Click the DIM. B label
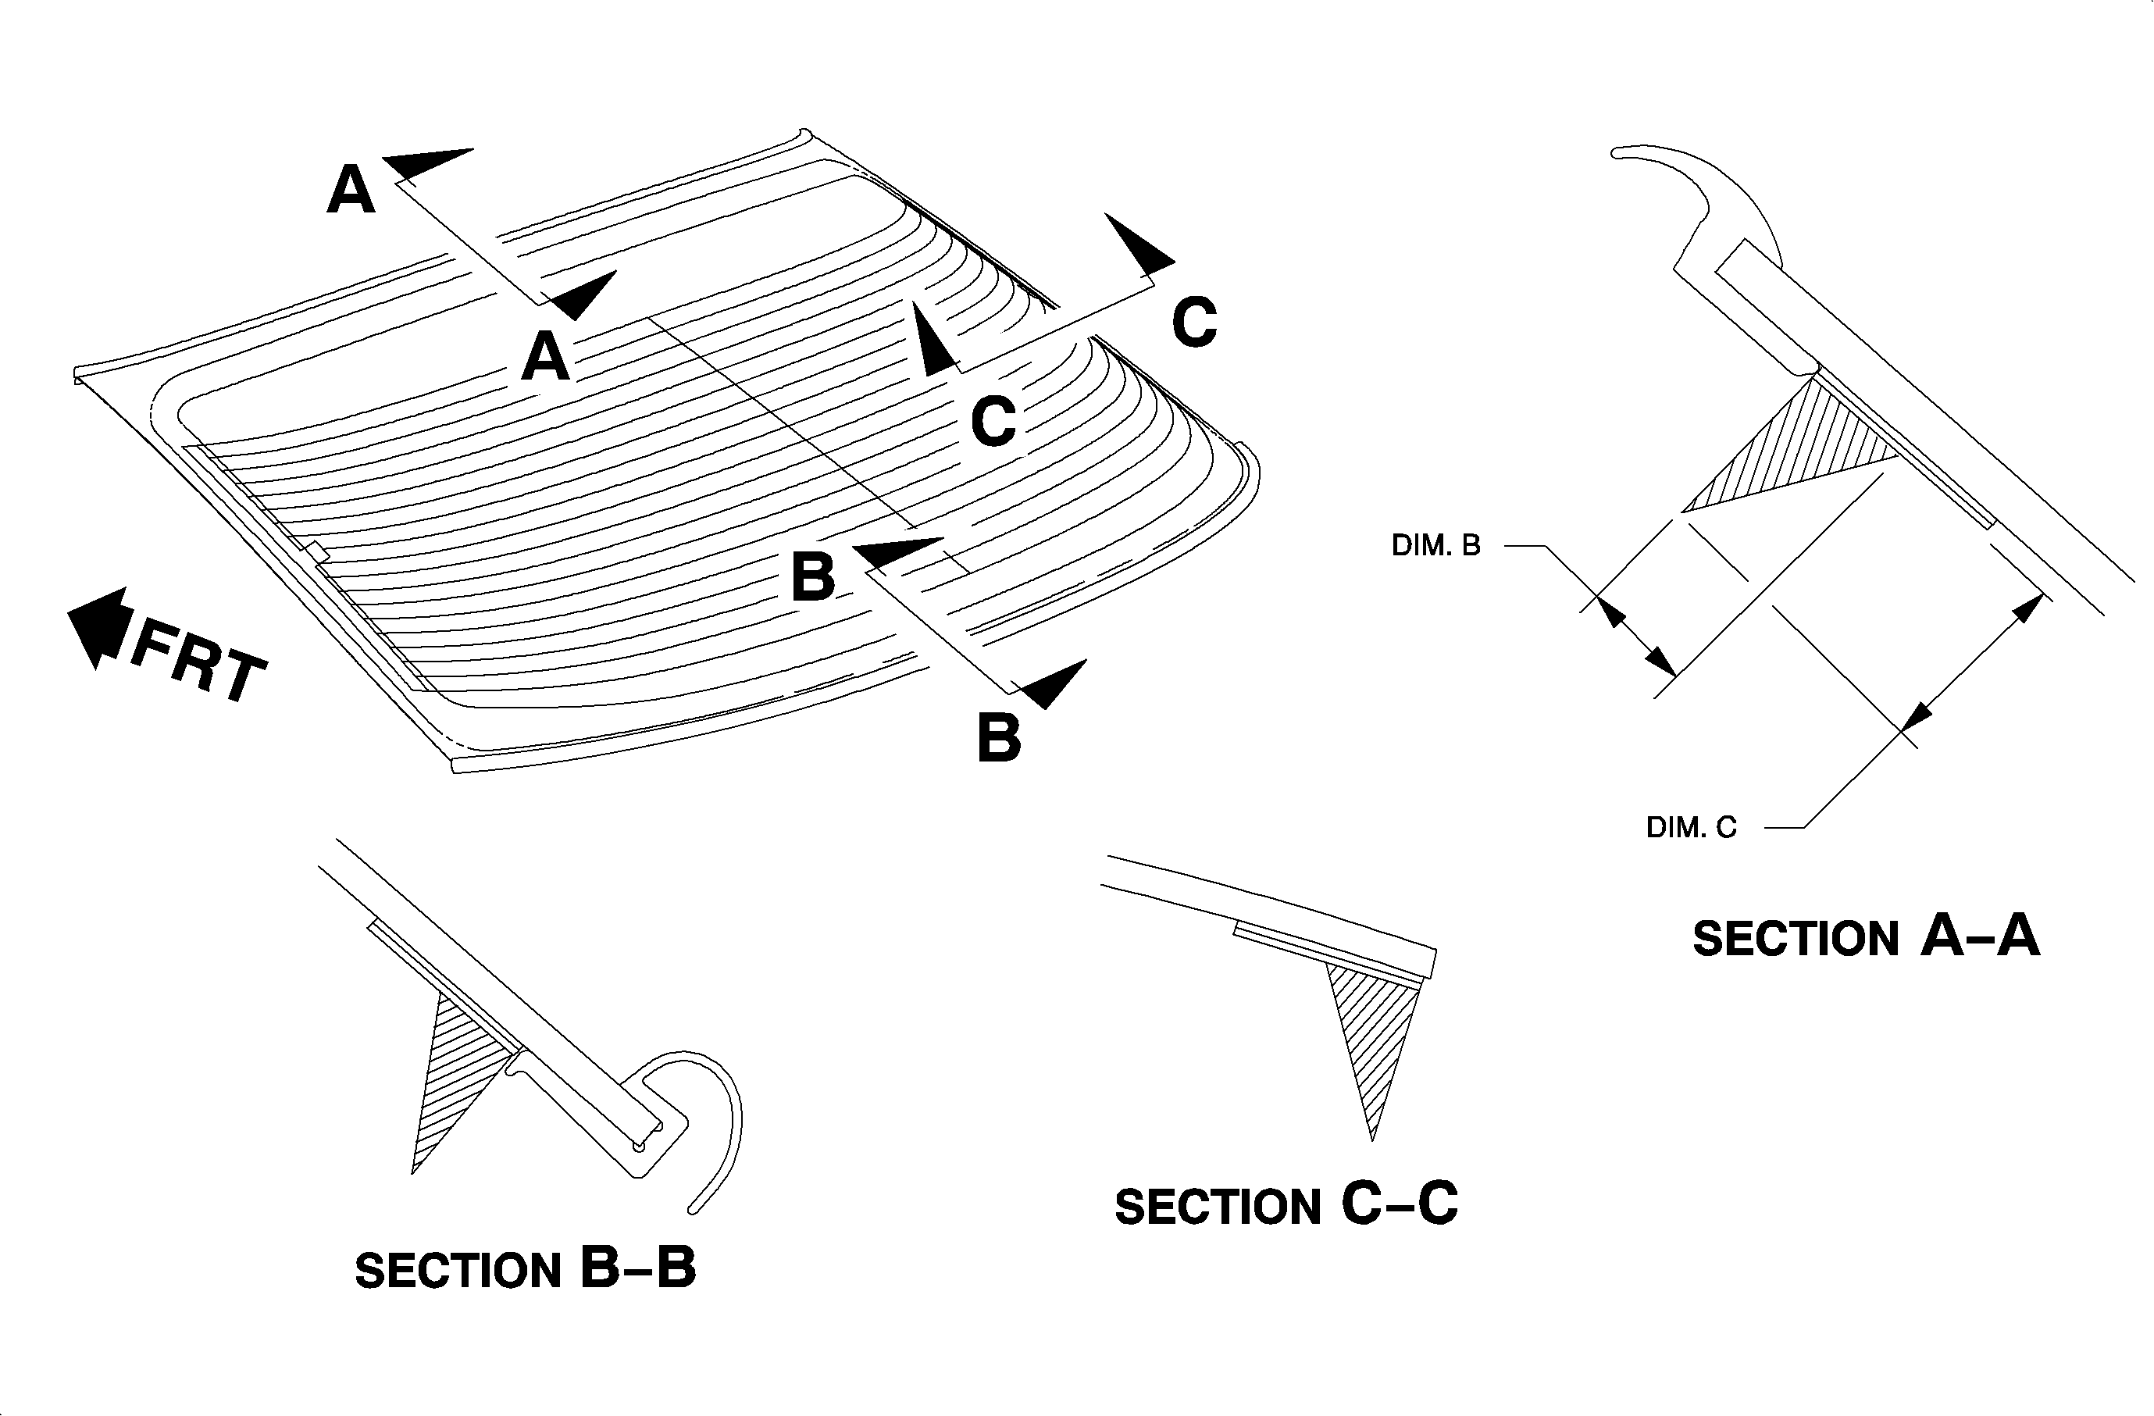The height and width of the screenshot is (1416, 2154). [1435, 546]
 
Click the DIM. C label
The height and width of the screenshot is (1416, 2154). [1691, 827]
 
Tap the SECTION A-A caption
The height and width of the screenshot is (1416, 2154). [1866, 936]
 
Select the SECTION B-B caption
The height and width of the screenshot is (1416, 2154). [525, 1268]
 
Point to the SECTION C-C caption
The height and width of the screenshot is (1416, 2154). [1286, 1205]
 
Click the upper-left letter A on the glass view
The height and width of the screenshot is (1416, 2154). [351, 190]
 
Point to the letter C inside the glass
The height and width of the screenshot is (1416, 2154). [993, 421]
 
